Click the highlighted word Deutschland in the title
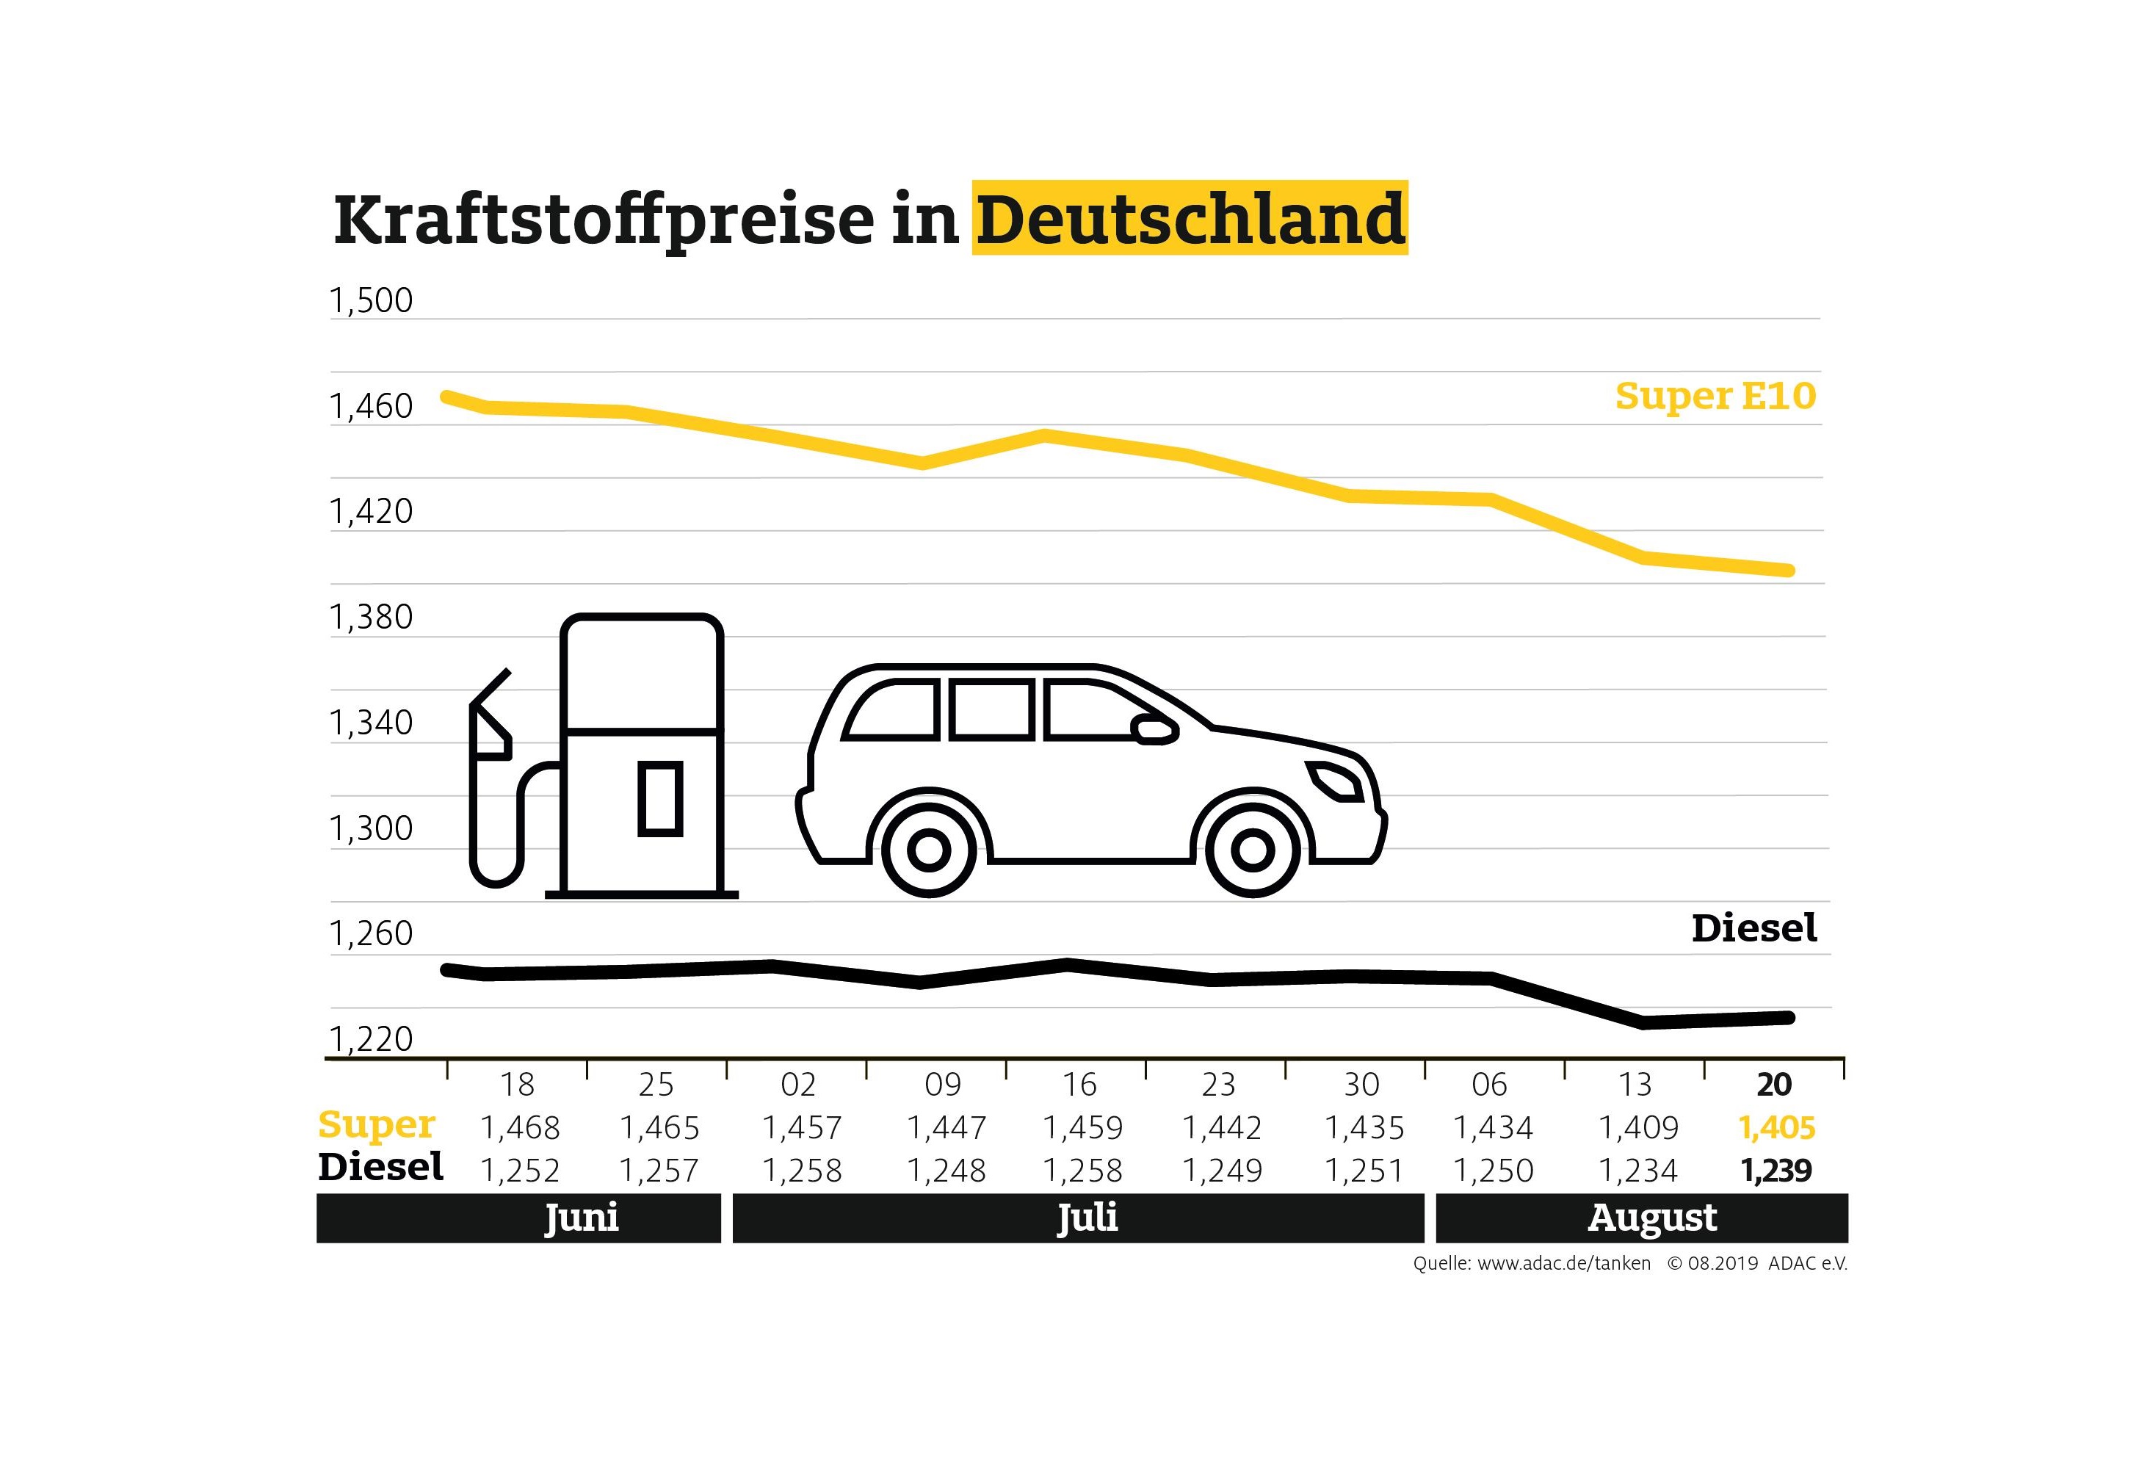(x=1190, y=220)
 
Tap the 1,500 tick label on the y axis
(x=371, y=300)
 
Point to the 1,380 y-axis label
(x=371, y=617)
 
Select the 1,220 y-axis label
(x=371, y=1039)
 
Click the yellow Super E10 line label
(x=1715, y=396)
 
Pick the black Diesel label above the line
(x=1753, y=928)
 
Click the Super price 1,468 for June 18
(x=520, y=1128)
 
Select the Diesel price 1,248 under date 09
(x=946, y=1170)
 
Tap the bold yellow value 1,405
(x=1776, y=1128)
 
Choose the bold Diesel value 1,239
(x=1776, y=1170)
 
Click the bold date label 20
(x=1774, y=1084)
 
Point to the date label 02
(x=798, y=1084)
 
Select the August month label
(x=1652, y=1218)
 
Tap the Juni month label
(x=581, y=1218)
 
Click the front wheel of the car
(x=1253, y=849)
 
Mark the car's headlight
(x=1334, y=781)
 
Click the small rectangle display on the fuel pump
(x=659, y=798)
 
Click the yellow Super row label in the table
(x=376, y=1125)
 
